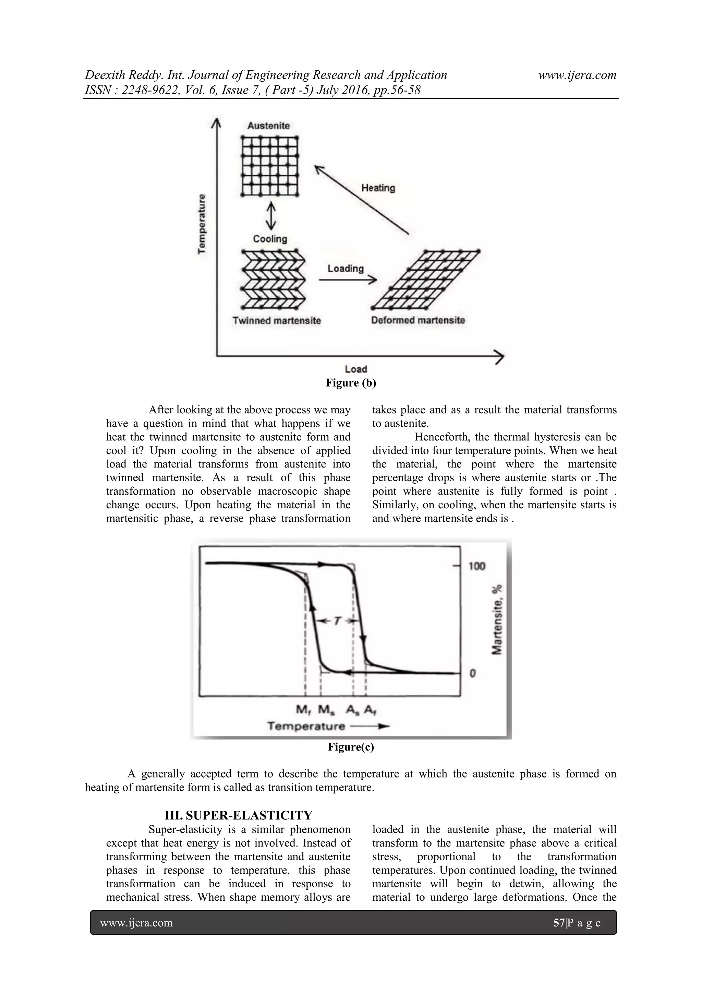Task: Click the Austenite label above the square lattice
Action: (268, 126)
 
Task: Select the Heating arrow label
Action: (378, 188)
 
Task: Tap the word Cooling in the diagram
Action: (270, 239)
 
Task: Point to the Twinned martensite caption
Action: (277, 320)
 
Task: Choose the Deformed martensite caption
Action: (418, 320)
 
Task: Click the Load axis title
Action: (356, 369)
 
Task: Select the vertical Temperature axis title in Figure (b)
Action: (202, 224)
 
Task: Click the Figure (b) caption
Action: (351, 383)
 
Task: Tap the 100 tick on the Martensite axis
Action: (477, 566)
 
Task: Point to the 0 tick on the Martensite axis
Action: (473, 673)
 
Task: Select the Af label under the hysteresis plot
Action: (370, 710)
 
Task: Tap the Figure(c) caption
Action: (351, 747)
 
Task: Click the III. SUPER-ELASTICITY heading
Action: (238, 815)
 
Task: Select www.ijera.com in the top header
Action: (577, 75)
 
